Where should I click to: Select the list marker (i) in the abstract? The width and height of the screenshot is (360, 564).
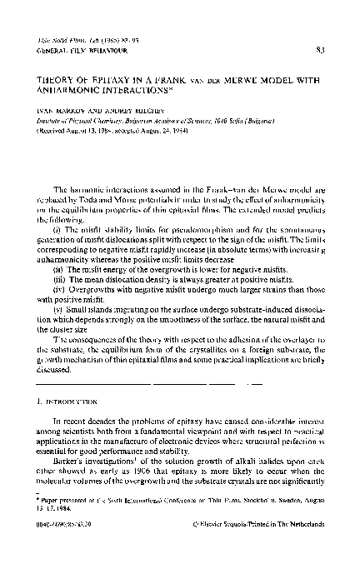pyautogui.click(x=55, y=228)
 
